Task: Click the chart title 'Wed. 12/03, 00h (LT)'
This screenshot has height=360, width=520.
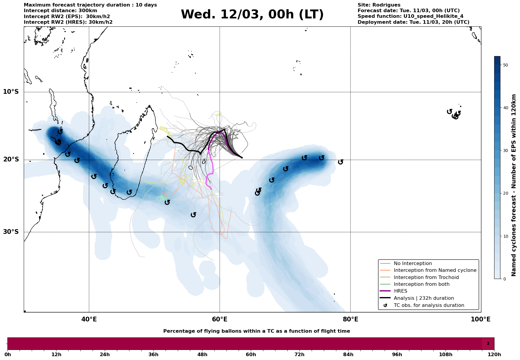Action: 252,15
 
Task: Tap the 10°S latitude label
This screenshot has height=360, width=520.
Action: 11,92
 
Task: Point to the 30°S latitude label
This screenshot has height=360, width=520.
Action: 11,232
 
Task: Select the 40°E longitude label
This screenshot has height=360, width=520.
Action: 89,319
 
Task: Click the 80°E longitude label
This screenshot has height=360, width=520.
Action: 350,319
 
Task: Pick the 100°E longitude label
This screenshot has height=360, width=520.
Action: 481,319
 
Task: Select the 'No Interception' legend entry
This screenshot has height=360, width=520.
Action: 413,264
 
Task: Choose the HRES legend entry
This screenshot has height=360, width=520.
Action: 400,291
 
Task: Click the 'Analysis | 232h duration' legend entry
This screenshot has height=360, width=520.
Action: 424,298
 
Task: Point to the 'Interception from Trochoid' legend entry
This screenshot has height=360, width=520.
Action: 426,277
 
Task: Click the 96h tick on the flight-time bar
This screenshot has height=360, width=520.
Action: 397,355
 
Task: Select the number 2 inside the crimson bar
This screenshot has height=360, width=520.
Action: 488,344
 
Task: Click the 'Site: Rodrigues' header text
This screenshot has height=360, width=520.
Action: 379,5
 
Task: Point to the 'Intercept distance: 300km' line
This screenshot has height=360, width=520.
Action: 60,11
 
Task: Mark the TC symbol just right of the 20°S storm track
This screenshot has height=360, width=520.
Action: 340,162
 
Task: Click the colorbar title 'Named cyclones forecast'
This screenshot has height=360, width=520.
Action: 514,185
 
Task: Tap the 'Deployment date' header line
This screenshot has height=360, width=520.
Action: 413,22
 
